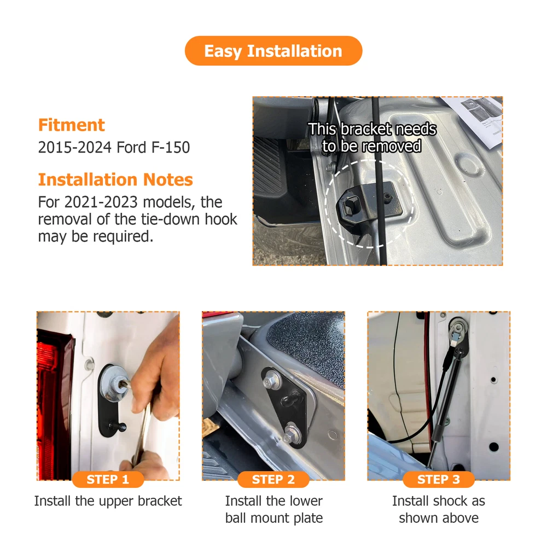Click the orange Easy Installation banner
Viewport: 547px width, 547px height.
tap(273, 51)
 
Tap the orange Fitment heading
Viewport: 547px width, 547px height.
tap(72, 125)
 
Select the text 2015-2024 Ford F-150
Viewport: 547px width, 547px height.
tap(114, 147)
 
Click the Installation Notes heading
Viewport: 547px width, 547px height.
tap(115, 179)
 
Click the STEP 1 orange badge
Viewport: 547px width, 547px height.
tap(108, 479)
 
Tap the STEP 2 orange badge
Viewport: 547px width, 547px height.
tap(273, 479)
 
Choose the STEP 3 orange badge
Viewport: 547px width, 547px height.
tap(439, 479)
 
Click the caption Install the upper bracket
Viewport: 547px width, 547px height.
tap(108, 501)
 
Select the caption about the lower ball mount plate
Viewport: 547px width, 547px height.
tap(274, 509)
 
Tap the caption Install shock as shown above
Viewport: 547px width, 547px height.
tap(439, 509)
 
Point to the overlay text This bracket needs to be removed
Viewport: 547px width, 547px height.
tap(372, 137)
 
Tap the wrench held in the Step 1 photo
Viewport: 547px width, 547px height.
tap(140, 429)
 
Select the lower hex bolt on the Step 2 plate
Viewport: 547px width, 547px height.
tap(290, 432)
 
